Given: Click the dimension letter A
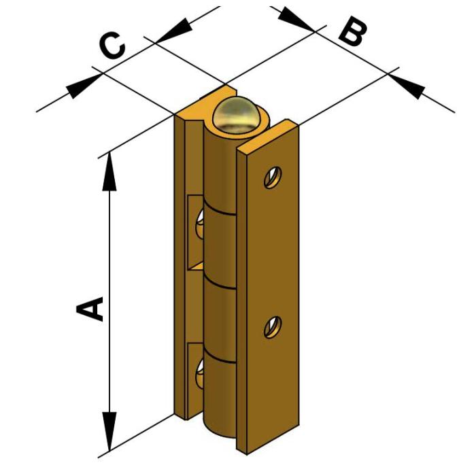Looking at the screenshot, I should [91, 308].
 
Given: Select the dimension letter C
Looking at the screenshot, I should [113, 47].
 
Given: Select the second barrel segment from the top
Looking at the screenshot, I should [220, 245].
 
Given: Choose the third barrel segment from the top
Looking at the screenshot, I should [220, 320].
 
